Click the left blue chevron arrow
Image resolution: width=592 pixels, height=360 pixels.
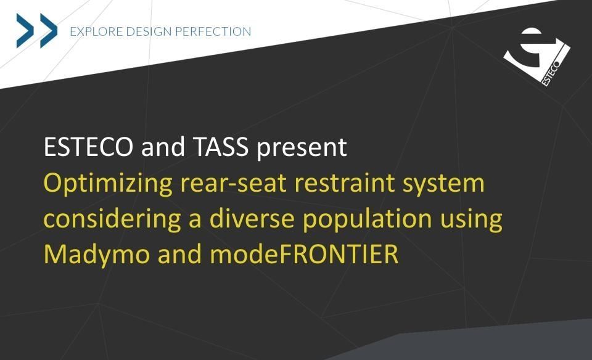tap(25, 31)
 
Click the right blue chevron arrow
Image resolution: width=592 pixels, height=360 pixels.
tap(49, 31)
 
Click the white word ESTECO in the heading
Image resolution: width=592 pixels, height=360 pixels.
tap(88, 147)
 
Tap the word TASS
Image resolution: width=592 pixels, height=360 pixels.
tap(221, 147)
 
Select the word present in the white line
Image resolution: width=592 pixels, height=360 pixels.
tap(302, 148)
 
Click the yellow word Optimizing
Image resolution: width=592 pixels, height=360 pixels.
tap(108, 184)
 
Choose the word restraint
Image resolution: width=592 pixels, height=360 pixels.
tap(344, 183)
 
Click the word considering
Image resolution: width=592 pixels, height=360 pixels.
tap(112, 219)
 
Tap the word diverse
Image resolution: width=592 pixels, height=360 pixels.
tap(252, 218)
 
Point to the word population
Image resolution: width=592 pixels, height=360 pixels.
tap(368, 219)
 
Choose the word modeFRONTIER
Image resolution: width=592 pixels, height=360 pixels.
tap(304, 254)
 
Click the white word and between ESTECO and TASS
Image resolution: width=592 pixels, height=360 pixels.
tap(163, 147)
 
